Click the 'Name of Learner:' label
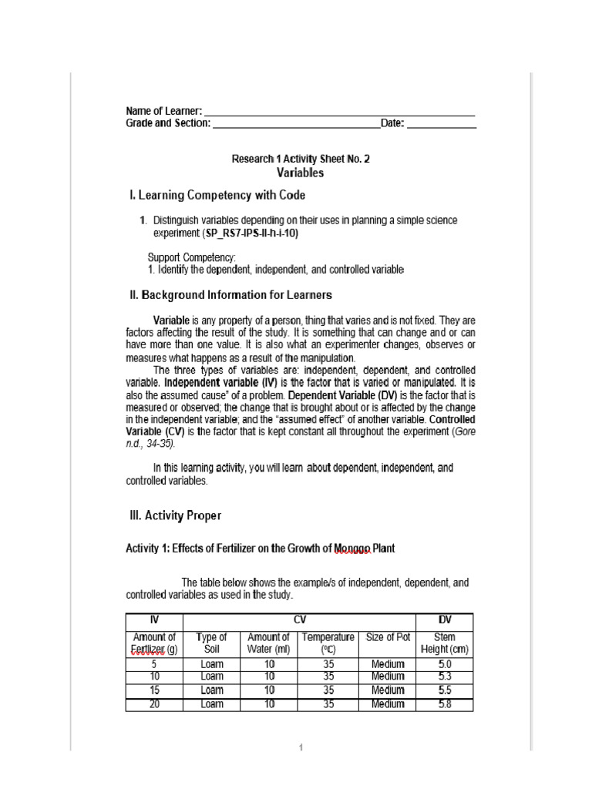(x=164, y=111)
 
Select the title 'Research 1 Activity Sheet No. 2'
(x=301, y=159)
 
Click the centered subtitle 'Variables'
(x=301, y=173)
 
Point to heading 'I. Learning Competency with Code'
(x=217, y=195)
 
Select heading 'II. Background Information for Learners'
(x=230, y=294)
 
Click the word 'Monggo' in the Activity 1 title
(x=353, y=549)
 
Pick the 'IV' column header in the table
(x=154, y=620)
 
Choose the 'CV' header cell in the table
(x=300, y=620)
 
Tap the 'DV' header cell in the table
(x=445, y=620)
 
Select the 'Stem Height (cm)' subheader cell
(x=445, y=643)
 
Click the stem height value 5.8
(x=445, y=704)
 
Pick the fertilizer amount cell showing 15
(x=154, y=690)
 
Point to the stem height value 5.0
(x=445, y=663)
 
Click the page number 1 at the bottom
(x=301, y=747)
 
